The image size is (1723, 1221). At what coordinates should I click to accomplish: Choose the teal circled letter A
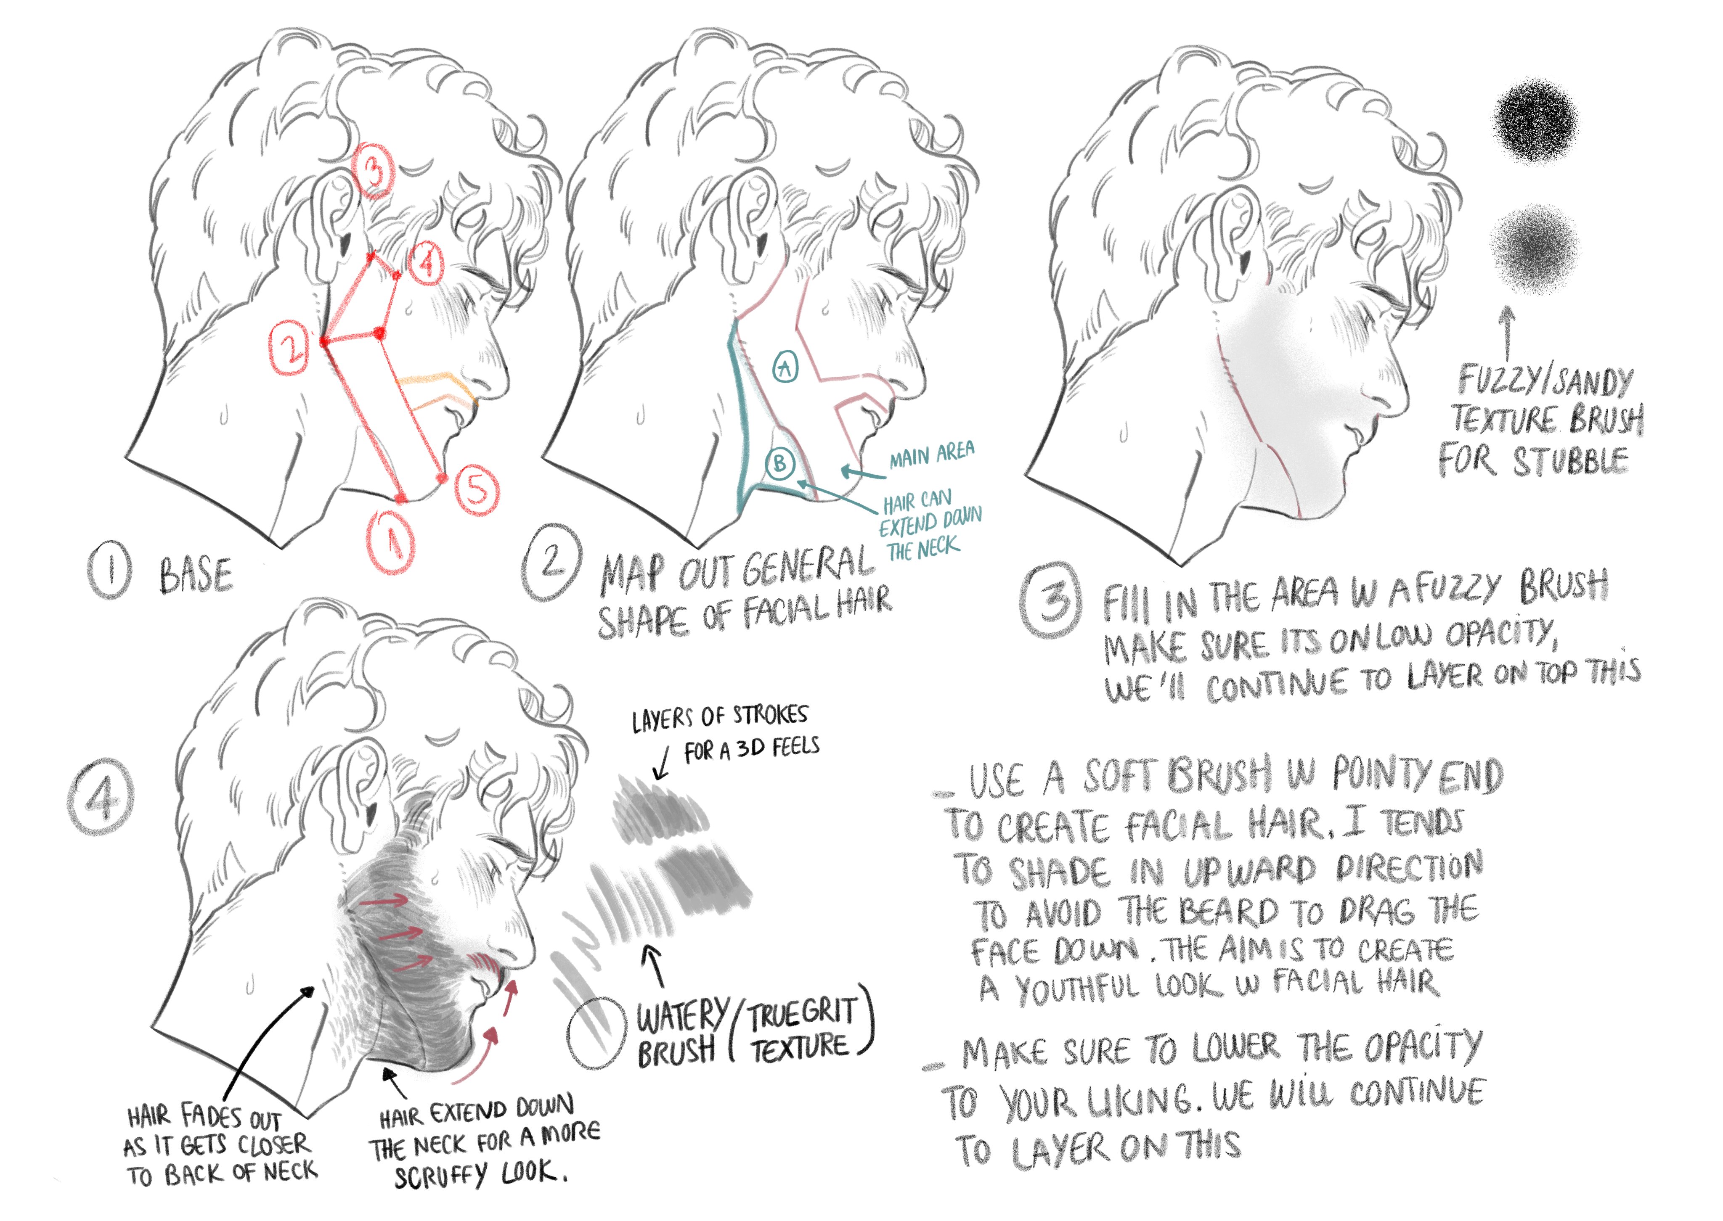[786, 366]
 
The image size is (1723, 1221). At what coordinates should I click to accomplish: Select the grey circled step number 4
[101, 797]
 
